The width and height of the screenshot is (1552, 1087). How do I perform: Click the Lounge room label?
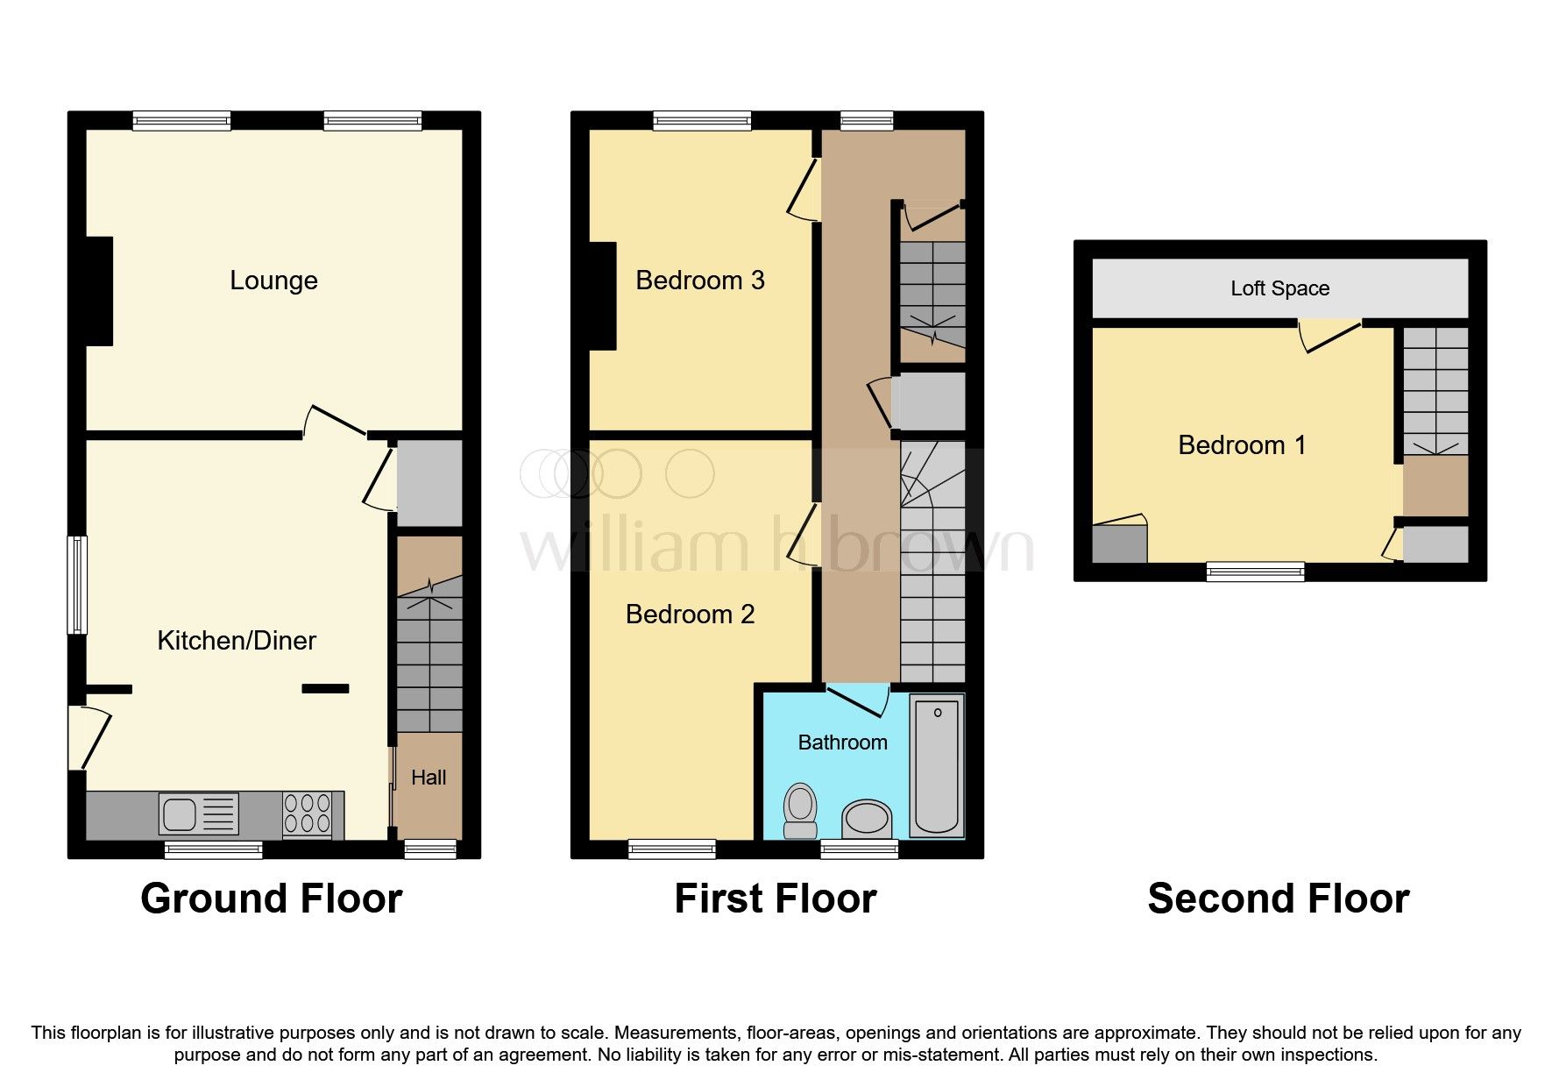[273, 281]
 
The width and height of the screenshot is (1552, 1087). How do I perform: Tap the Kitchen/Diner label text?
[237, 641]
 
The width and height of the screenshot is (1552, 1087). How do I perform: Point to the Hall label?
[429, 778]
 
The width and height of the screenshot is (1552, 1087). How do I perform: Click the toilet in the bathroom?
[799, 811]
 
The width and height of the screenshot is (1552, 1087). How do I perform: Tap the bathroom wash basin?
[867, 820]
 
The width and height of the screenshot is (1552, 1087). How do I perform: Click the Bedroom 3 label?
[699, 281]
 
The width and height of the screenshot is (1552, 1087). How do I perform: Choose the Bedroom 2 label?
[690, 615]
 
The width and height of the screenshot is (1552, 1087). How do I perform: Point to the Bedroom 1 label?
[1242, 445]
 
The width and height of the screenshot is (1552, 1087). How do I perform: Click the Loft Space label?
[1279, 288]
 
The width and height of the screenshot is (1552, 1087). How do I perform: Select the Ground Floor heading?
[272, 899]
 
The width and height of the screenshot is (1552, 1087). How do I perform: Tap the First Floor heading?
[775, 899]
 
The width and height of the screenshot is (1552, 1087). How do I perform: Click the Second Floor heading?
[1278, 899]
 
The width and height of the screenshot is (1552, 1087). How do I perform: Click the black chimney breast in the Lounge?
[99, 291]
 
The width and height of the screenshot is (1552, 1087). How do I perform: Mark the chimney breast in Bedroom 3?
[602, 295]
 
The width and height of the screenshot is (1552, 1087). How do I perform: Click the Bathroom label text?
[842, 742]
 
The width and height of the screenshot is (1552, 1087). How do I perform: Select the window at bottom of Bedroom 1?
[1255, 572]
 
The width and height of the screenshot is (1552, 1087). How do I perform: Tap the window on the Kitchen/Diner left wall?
[78, 585]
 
